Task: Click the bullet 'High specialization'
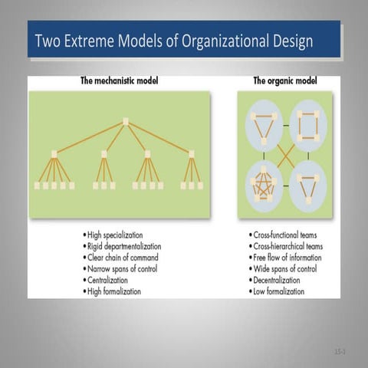pyautogui.click(x=115, y=234)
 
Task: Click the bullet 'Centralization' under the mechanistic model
pyautogui.click(x=109, y=281)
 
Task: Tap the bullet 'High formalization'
pyautogui.click(x=115, y=292)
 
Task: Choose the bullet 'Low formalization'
pyautogui.click(x=278, y=292)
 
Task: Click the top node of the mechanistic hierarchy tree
pyautogui.click(x=125, y=121)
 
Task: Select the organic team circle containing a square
pyautogui.click(x=309, y=126)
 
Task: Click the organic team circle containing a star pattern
pyautogui.click(x=264, y=186)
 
